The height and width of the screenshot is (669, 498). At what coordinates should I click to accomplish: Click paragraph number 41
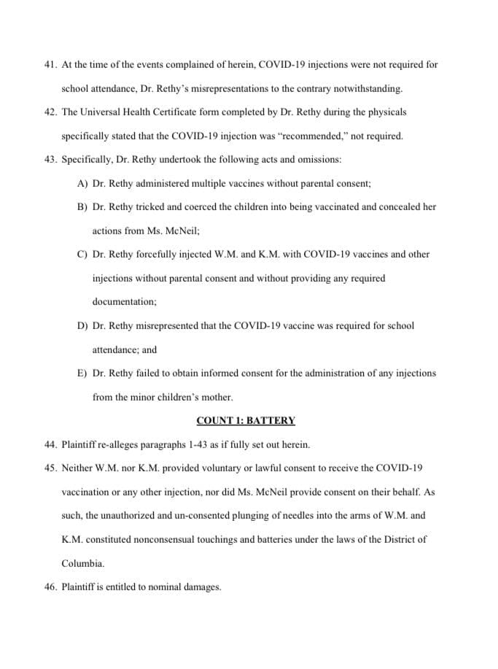pos(50,64)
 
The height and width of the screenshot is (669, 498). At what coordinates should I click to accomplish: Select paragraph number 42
pos(50,112)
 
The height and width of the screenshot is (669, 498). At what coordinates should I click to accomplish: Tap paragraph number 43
pos(50,159)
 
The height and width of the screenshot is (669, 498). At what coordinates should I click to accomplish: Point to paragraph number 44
pos(50,444)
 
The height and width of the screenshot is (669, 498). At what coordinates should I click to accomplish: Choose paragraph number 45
pos(50,467)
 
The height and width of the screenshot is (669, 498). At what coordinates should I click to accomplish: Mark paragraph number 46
pos(50,586)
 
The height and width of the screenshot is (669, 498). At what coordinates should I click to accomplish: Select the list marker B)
pos(82,206)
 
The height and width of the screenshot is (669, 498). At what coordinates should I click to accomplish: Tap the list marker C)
pos(82,254)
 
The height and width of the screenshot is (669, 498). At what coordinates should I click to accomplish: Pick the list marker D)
pos(82,325)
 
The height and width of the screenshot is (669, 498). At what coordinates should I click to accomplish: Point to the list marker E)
pos(82,373)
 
